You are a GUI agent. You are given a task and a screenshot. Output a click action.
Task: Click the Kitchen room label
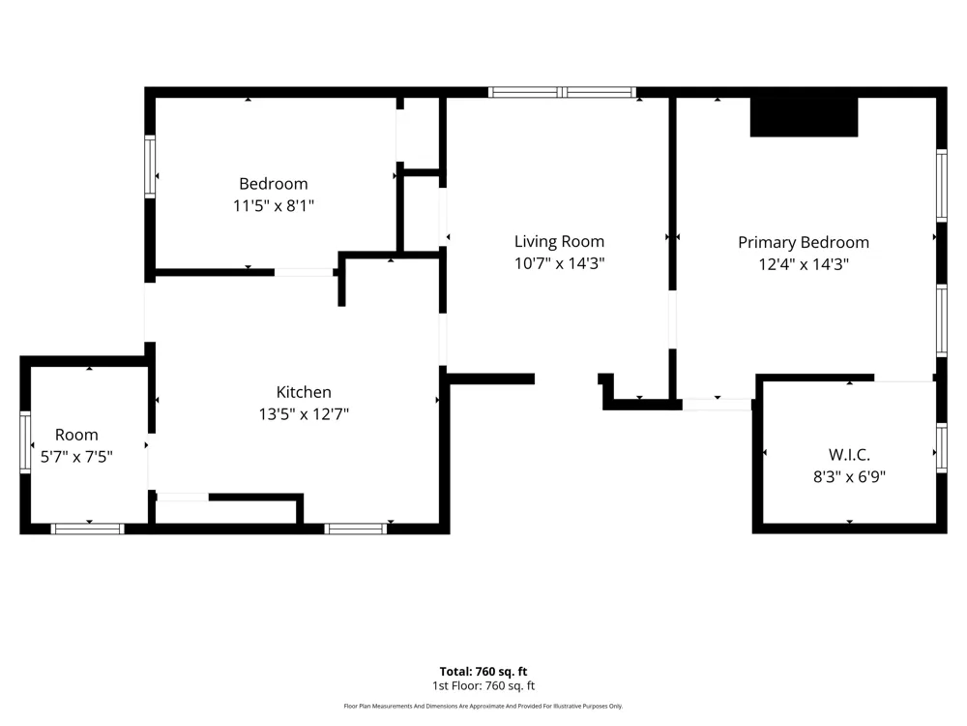click(x=304, y=392)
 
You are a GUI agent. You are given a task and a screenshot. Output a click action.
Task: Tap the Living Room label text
click(x=559, y=241)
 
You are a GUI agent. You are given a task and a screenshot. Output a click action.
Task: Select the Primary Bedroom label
click(x=804, y=242)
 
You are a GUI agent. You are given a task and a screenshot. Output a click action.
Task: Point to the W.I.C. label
click(x=849, y=455)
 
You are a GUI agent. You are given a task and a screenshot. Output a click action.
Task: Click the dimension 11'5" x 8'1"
click(x=274, y=205)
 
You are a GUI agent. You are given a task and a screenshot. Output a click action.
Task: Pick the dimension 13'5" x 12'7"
click(x=304, y=413)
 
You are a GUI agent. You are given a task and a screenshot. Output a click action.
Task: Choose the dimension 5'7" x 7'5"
click(x=76, y=457)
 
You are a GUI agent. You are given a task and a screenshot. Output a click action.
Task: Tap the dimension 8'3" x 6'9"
click(x=849, y=476)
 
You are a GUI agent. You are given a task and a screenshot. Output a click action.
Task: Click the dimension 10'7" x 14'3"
click(x=559, y=263)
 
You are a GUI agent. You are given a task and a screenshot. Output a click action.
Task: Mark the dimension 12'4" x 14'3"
click(x=804, y=264)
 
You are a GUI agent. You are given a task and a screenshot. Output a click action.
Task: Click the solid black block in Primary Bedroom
click(x=804, y=117)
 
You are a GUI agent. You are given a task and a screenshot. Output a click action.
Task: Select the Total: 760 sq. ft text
click(x=483, y=672)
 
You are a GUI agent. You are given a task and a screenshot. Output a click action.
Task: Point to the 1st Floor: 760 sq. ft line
click(x=483, y=686)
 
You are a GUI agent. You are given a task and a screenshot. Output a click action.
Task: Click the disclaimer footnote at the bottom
click(x=483, y=706)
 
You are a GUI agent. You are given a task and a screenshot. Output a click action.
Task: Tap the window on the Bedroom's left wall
click(x=150, y=166)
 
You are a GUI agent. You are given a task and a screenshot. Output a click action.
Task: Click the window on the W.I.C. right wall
click(x=942, y=447)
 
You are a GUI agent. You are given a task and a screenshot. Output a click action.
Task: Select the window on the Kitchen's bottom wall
click(x=356, y=529)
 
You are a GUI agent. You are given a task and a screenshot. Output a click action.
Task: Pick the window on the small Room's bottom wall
click(x=88, y=529)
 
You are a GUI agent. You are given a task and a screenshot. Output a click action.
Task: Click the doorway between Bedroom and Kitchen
click(x=304, y=272)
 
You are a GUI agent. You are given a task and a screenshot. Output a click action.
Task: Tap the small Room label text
click(x=76, y=435)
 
